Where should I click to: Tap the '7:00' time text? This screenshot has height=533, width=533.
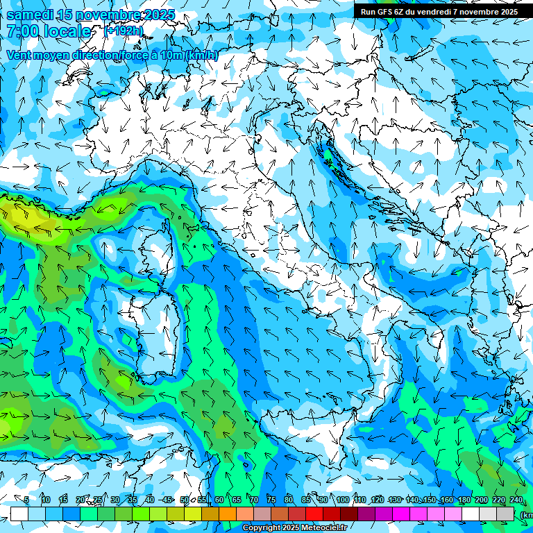23,31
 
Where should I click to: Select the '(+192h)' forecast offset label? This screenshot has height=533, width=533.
124,31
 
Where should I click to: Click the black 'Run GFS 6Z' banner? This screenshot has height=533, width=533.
439,12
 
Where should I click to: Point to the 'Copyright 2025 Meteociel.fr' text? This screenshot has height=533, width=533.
294,528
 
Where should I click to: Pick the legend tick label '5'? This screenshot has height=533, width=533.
26,500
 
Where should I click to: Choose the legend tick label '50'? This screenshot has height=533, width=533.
184,500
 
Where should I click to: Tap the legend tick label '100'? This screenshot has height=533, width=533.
342,500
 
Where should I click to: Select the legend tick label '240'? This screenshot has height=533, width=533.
516,500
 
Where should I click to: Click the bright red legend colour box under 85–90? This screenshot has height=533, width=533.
314,514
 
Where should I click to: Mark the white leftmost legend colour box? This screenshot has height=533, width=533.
19,514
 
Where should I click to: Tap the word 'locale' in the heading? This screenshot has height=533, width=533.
69,31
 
